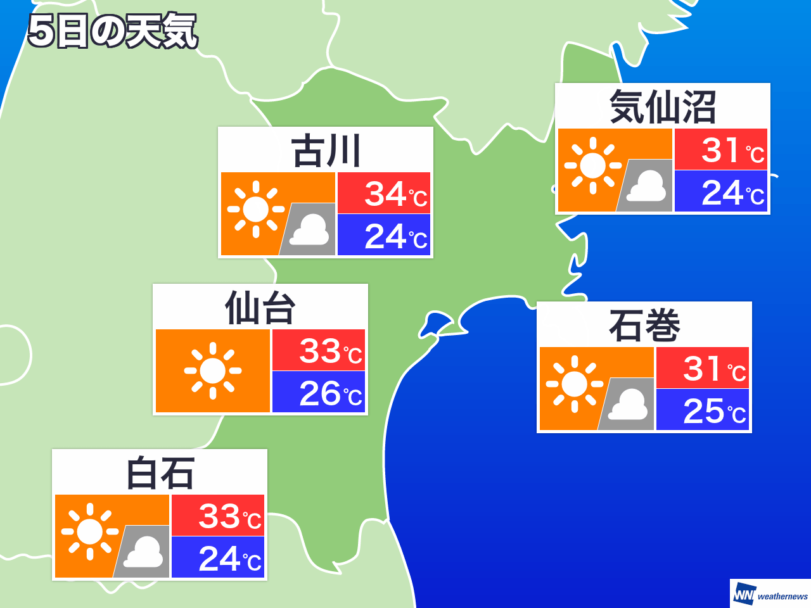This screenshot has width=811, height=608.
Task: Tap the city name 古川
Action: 326,151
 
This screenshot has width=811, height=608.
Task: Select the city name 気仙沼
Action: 662,107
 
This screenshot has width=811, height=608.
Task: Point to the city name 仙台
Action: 260,308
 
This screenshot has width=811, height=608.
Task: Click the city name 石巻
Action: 644,326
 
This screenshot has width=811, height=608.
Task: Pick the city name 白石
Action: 160,473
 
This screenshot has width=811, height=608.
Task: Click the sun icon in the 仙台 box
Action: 213,371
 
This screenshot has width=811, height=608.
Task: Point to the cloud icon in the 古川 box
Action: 309,230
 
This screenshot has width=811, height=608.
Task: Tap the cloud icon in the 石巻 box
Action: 628,405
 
